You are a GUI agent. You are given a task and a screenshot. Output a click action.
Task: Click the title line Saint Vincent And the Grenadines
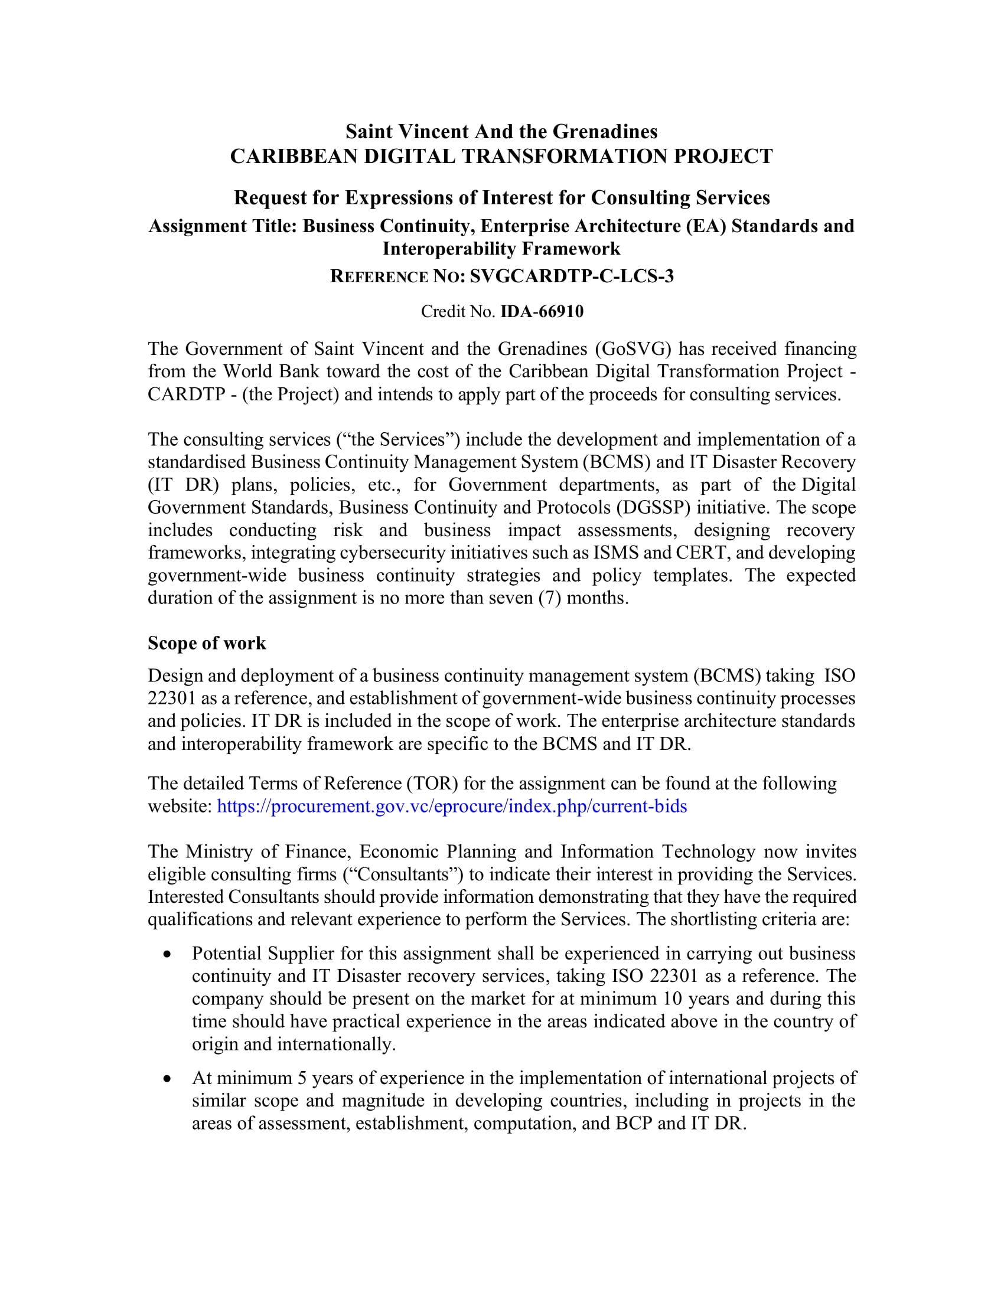tap(501, 131)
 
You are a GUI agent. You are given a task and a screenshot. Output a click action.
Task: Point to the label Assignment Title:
tap(223, 226)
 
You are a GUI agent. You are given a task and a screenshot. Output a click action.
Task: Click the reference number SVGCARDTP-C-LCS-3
tap(572, 276)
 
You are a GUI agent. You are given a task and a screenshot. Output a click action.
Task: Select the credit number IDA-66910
tap(542, 312)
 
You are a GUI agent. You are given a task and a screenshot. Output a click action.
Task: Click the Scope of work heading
tap(206, 643)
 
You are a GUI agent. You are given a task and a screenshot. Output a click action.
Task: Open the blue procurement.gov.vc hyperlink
tap(451, 806)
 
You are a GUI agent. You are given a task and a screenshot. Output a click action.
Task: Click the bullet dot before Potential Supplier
tap(167, 954)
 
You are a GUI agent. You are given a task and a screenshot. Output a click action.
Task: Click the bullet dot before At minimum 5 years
tap(167, 1078)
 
